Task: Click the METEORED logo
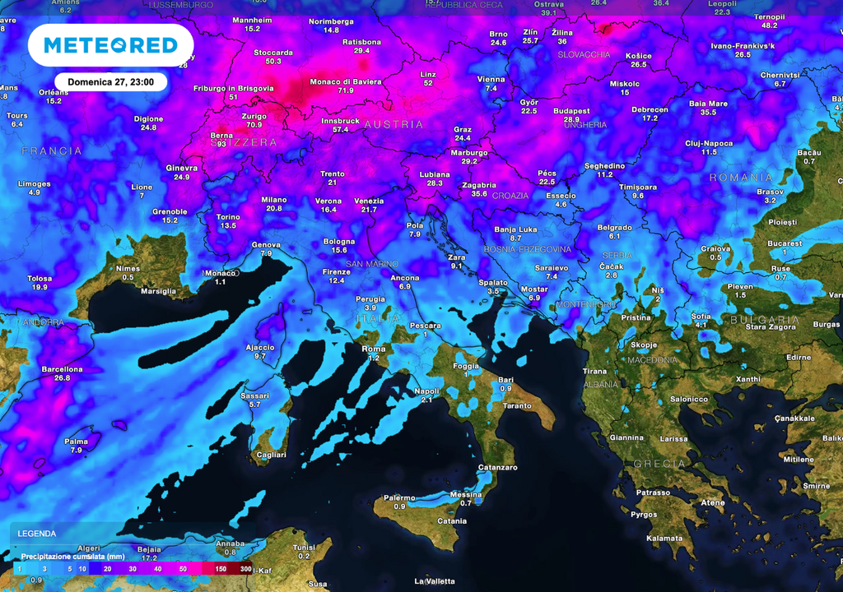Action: pyautogui.click(x=110, y=44)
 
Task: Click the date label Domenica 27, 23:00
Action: pyautogui.click(x=110, y=82)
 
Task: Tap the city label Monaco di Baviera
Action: pyautogui.click(x=345, y=81)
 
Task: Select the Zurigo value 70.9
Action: pyautogui.click(x=254, y=125)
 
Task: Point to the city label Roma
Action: pyautogui.click(x=374, y=349)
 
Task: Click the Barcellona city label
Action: pyautogui.click(x=62, y=369)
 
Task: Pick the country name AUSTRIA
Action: pyautogui.click(x=394, y=125)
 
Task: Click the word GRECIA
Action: pyautogui.click(x=659, y=464)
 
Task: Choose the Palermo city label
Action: pyautogui.click(x=399, y=497)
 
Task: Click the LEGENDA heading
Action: pyautogui.click(x=37, y=533)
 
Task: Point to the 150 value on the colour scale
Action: pyautogui.click(x=220, y=569)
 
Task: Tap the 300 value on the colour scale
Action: pyautogui.click(x=245, y=569)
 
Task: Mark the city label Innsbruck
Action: pyautogui.click(x=340, y=120)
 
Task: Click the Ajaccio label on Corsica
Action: pyautogui.click(x=260, y=347)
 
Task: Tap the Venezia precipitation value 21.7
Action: pyautogui.click(x=369, y=210)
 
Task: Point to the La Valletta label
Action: pyautogui.click(x=434, y=581)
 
